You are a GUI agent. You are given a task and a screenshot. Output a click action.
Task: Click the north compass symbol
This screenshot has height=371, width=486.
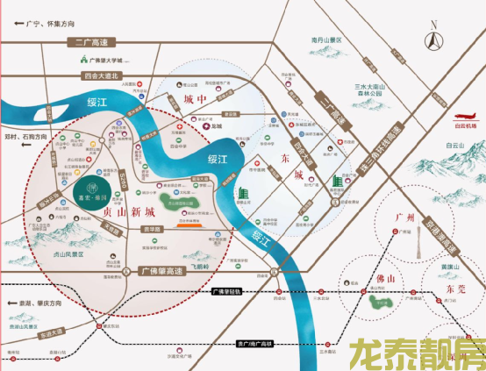click(434, 38)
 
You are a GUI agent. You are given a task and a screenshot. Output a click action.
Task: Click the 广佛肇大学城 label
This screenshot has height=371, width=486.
click(110, 61)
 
